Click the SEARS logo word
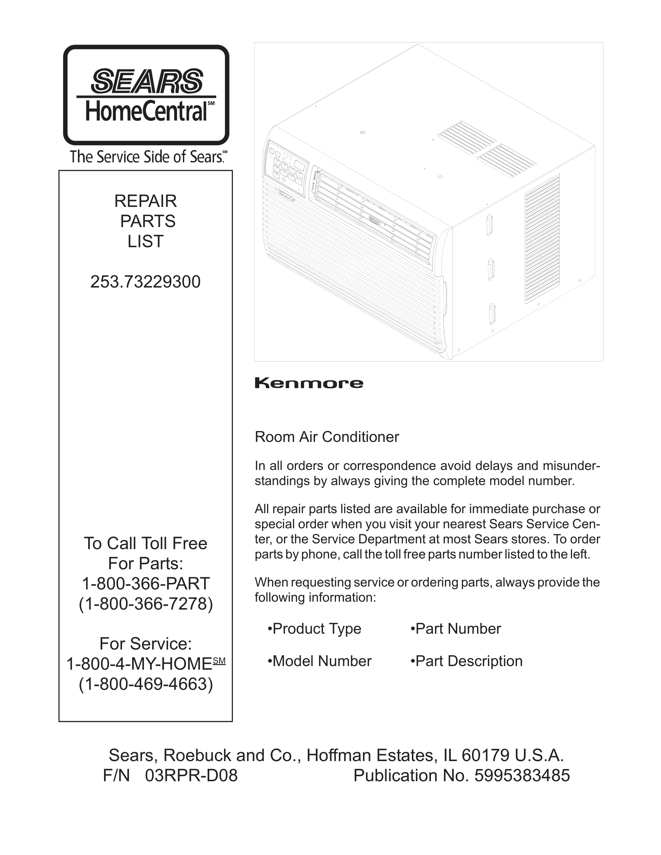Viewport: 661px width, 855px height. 147,81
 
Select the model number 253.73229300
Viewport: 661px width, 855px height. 145,282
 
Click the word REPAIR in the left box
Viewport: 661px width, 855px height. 145,201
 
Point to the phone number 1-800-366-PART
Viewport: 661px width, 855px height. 146,584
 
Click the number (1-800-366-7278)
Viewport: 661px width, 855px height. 146,604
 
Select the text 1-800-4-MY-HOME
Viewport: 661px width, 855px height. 139,664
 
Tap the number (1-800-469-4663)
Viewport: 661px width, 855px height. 146,684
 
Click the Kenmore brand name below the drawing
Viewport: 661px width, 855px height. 309,383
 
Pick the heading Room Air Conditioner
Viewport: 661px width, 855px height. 327,437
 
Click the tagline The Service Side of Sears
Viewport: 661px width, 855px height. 148,157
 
